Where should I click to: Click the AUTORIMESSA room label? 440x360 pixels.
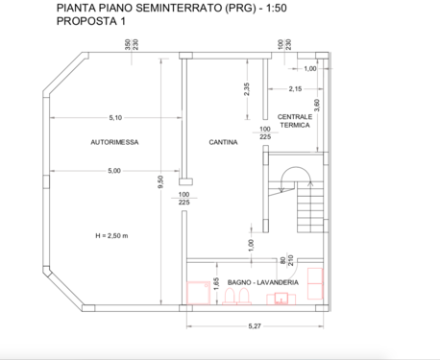[114, 142]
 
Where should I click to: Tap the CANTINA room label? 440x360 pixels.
[223, 142]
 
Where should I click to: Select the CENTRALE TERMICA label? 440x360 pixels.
[295, 121]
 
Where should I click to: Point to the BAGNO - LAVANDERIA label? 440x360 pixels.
[263, 282]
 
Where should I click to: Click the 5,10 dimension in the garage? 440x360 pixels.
[115, 118]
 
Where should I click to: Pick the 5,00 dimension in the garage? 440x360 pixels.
[114, 171]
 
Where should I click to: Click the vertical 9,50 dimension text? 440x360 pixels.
[160, 181]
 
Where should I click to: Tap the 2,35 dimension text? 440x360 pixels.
[247, 89]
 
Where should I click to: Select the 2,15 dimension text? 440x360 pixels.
[295, 89]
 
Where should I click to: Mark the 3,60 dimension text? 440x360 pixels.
[317, 106]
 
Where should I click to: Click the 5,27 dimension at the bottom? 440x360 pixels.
[255, 326]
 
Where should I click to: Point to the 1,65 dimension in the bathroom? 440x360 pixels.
[216, 284]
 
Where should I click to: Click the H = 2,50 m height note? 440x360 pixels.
[111, 236]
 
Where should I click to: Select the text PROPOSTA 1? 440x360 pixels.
[91, 21]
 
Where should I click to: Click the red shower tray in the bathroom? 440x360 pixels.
[199, 293]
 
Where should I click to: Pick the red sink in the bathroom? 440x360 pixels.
[281, 299]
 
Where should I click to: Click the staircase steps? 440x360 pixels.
[310, 207]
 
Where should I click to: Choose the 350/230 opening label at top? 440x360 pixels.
[132, 44]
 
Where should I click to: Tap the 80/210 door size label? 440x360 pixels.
[287, 260]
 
